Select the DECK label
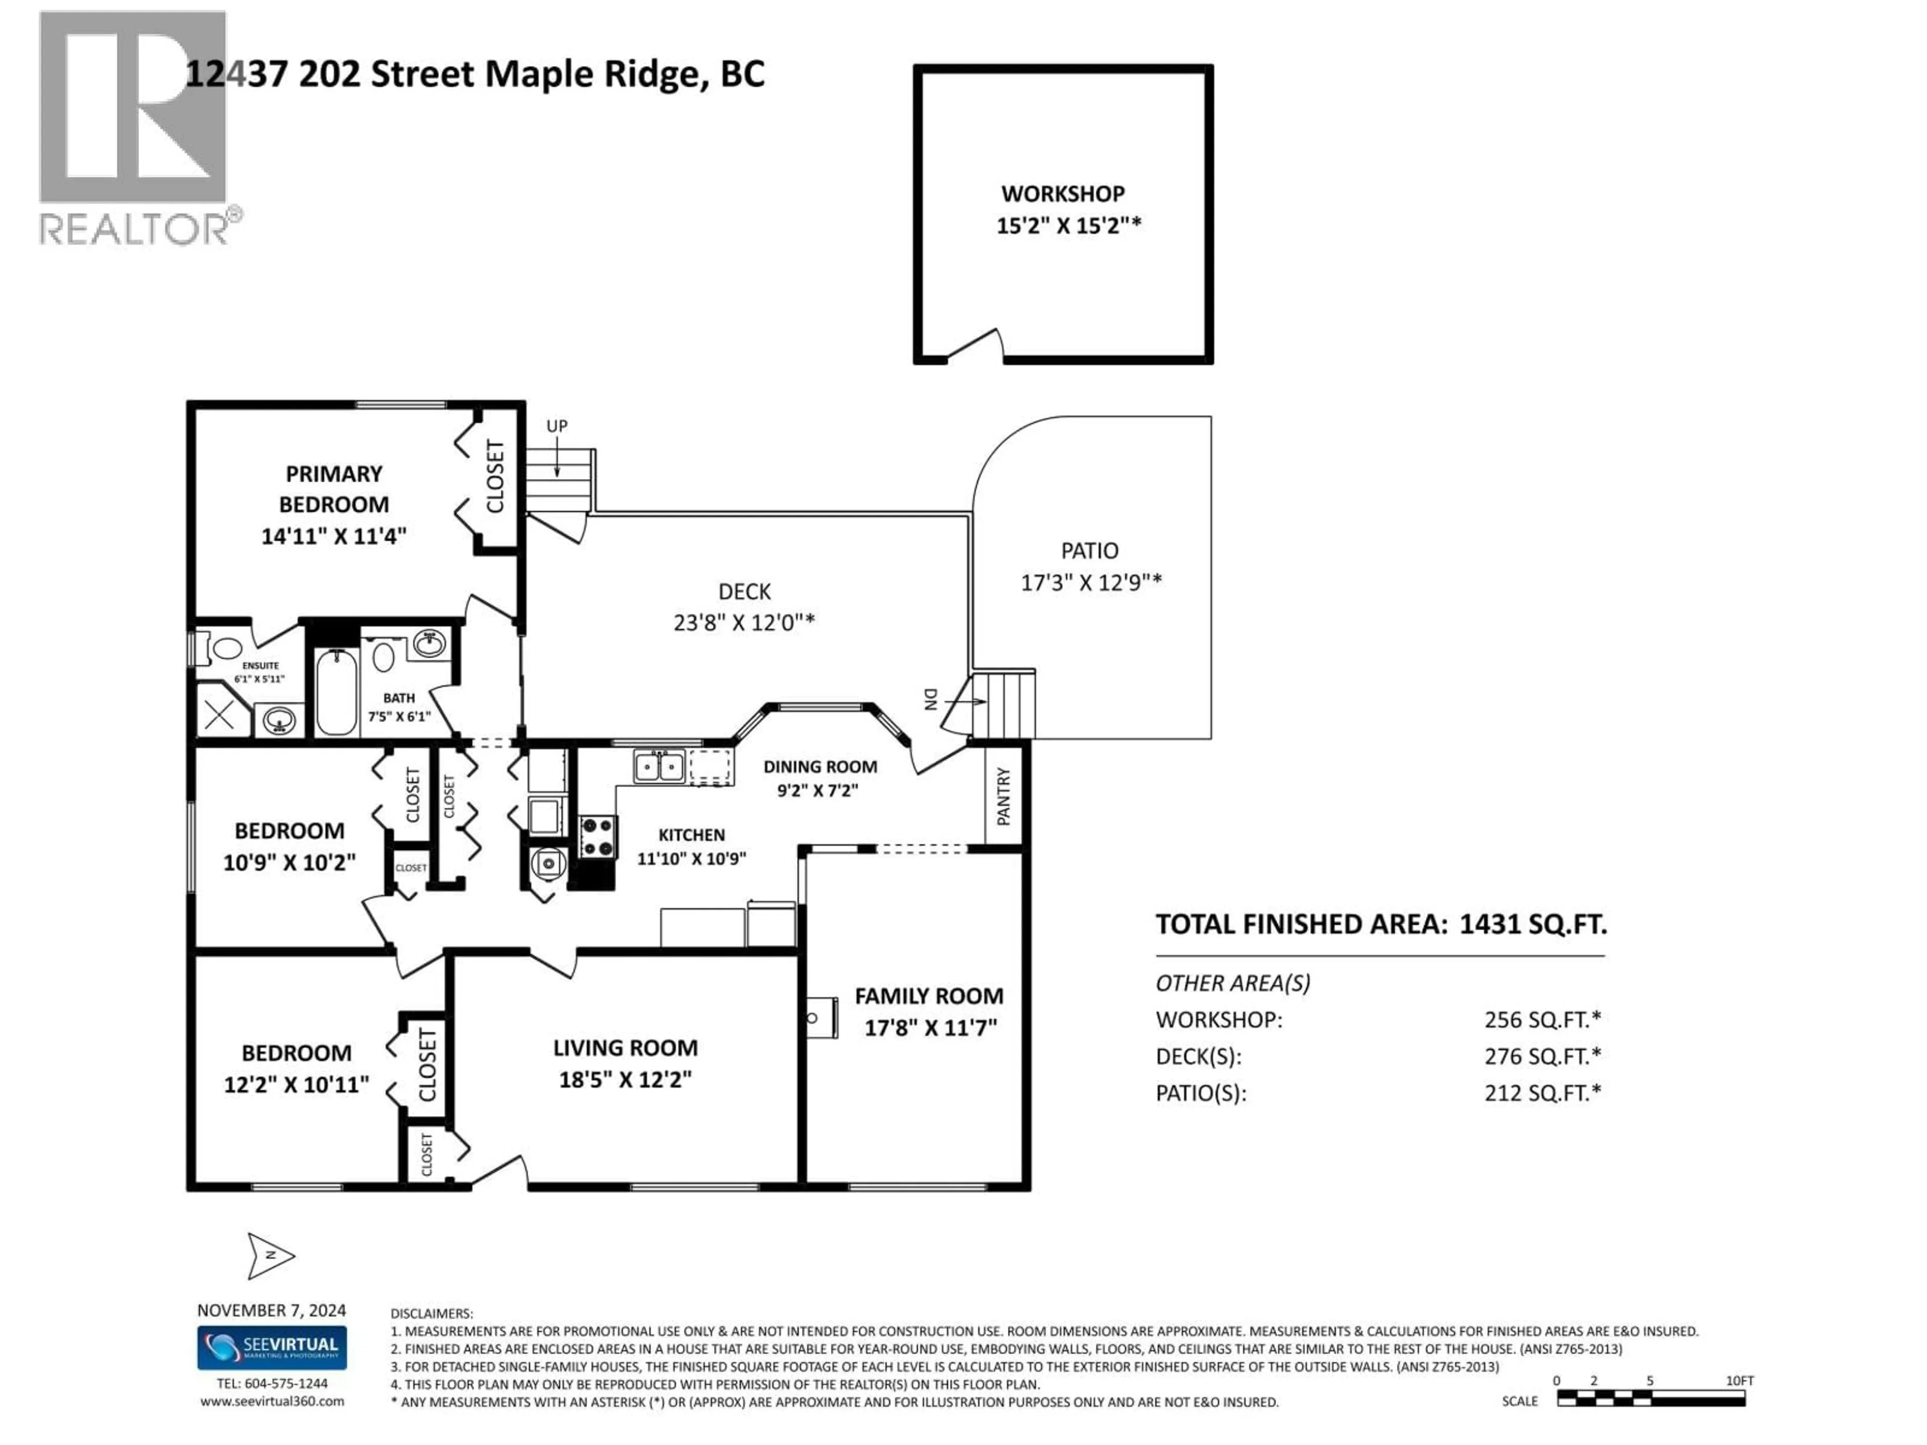[744, 592]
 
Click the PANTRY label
[1004, 796]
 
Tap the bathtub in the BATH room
[335, 692]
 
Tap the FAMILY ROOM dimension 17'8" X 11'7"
[929, 1028]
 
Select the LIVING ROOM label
[625, 1048]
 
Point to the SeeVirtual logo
[272, 1348]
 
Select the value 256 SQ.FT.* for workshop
[1542, 1019]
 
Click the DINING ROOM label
[820, 767]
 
